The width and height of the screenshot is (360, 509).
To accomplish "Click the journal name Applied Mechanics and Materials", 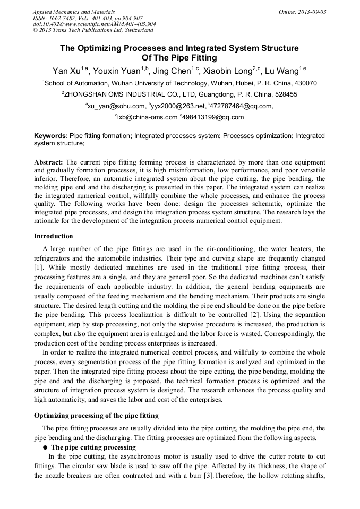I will (74, 12).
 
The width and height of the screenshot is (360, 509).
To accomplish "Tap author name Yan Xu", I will (66, 71).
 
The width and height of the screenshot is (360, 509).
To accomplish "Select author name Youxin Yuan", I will (119, 71).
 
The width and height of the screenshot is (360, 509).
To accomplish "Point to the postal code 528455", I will (282, 94).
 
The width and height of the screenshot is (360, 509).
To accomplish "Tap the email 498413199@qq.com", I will (213, 117).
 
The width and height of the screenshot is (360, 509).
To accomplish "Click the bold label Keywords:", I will (51, 136).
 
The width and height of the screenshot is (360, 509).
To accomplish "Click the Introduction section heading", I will (54, 236).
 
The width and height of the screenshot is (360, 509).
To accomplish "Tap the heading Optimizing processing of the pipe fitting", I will (96, 415).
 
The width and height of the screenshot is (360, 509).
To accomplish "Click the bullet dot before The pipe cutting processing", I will (46, 447).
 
